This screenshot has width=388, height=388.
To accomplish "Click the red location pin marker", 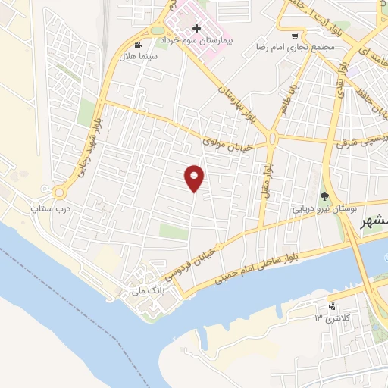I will [195, 178].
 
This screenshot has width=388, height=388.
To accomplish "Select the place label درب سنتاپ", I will [45, 205].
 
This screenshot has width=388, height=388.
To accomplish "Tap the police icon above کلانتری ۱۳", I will [331, 307].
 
